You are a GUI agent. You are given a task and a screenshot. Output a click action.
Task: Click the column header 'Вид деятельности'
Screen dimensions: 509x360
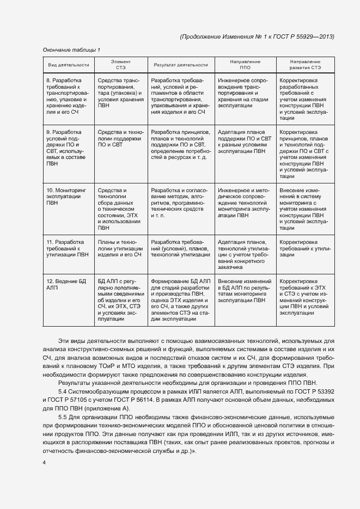pyautogui.click(x=69, y=65)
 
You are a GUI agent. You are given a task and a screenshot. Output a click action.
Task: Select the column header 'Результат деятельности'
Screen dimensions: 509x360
pyautogui.click(x=181, y=65)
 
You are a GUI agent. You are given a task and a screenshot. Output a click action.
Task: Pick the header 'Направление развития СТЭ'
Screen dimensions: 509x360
pyautogui.click(x=305, y=65)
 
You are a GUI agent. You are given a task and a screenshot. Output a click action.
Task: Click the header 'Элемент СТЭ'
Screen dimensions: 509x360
pyautogui.click(x=120, y=65)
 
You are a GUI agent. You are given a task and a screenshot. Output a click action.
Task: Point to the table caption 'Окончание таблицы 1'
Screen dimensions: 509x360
pyautogui.click(x=71, y=50)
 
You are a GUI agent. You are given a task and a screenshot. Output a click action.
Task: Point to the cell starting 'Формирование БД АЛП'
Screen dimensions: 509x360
pyautogui.click(x=181, y=299)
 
